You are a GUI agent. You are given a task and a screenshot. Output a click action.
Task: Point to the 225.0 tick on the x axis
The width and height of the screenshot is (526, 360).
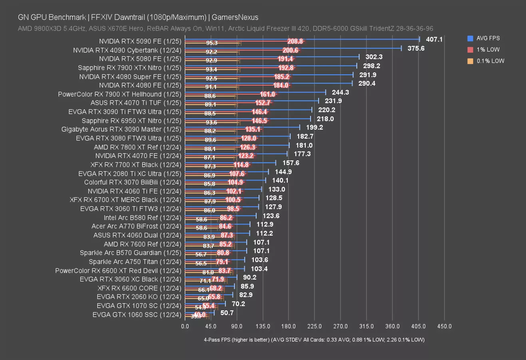point(315,326)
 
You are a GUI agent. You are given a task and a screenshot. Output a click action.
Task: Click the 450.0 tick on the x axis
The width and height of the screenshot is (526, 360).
point(444,326)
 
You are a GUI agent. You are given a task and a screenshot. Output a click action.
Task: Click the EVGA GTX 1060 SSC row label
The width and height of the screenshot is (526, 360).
point(137,314)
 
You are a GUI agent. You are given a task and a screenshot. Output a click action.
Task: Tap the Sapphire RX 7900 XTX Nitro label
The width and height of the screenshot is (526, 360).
point(130,68)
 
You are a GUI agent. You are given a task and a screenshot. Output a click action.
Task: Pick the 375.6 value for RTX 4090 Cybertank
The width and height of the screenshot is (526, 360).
point(416,48)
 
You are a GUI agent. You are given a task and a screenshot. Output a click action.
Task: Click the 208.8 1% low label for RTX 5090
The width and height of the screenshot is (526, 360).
point(295,41)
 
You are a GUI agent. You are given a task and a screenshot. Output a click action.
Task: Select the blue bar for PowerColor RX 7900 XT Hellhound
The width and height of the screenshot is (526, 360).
point(255,92)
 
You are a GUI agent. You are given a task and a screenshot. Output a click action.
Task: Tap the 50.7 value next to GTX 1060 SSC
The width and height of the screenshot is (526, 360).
point(227,312)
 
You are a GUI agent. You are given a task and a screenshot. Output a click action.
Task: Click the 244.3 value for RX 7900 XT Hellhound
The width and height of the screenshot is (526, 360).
point(341,92)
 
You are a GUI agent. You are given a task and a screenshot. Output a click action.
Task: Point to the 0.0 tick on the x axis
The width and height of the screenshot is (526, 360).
point(185,326)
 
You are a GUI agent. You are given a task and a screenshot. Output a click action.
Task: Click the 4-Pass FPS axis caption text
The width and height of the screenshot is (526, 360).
point(314,340)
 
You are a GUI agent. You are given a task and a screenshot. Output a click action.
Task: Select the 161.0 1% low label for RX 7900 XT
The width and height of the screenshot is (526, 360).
point(268,94)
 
